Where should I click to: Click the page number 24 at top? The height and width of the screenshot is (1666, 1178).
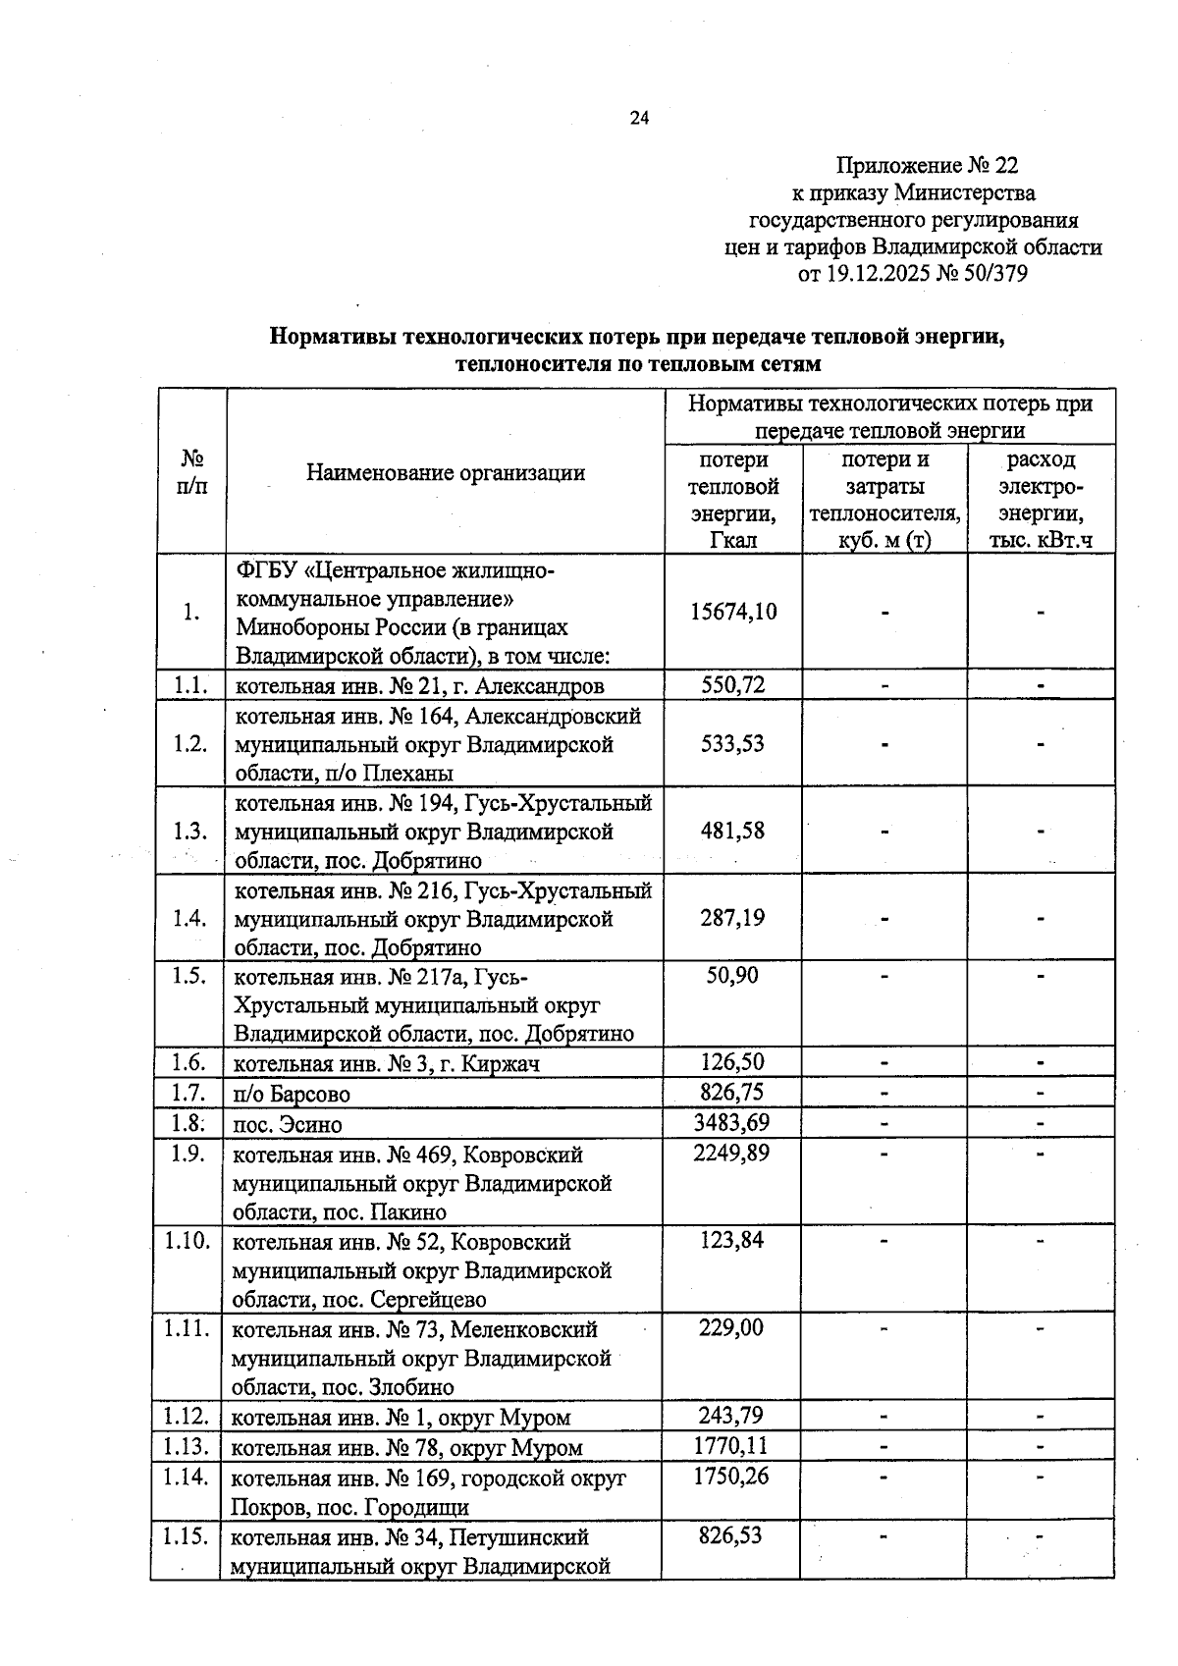point(639,119)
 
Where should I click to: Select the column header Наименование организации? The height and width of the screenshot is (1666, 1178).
point(446,472)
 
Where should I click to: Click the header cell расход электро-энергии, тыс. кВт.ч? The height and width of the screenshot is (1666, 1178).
point(1041,499)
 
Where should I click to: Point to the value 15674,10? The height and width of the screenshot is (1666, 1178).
point(732,612)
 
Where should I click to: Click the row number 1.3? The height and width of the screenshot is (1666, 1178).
point(189,832)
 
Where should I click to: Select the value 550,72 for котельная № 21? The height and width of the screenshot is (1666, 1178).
point(732,685)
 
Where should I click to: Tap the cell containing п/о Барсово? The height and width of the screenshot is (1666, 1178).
point(292,1094)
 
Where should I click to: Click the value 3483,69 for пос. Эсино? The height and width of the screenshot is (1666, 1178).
point(731,1123)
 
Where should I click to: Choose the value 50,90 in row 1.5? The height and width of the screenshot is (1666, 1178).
point(732,976)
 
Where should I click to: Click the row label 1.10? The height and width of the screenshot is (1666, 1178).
point(187,1241)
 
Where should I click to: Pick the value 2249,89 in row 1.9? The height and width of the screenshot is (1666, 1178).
point(731,1154)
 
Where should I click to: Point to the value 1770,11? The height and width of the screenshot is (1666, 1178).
point(731,1446)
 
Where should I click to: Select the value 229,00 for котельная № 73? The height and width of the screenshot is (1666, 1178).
point(731,1328)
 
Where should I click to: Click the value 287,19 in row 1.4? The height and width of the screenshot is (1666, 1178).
point(732,919)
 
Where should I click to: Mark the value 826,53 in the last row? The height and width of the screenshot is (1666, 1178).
point(731,1535)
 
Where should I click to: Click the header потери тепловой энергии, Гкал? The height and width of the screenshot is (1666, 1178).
point(733,499)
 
